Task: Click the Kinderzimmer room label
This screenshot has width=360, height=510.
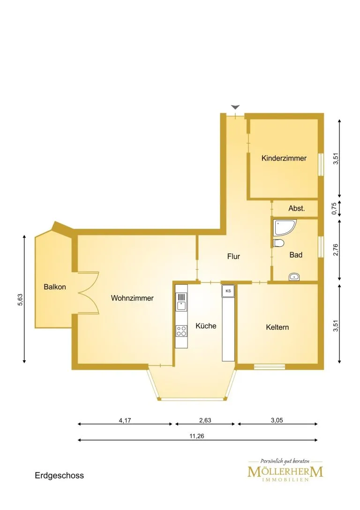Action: tap(284, 159)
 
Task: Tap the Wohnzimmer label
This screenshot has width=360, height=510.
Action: tap(132, 298)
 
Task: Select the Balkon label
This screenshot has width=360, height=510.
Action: tap(55, 287)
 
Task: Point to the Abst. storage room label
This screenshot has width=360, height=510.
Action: tap(297, 208)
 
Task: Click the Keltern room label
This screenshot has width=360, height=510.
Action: tap(277, 327)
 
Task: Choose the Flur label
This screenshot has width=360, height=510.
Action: tap(233, 257)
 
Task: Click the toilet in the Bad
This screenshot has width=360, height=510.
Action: tap(278, 243)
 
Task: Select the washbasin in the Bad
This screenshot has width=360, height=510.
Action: tap(294, 277)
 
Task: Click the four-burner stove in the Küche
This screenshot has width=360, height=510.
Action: tap(181, 331)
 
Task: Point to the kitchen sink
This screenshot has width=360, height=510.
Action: tap(181, 302)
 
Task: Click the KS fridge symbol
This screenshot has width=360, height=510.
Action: tap(228, 291)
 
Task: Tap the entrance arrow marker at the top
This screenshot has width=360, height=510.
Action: tap(235, 107)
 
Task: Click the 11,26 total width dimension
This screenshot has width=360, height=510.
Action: tap(197, 436)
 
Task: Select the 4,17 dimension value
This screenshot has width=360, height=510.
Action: tap(125, 420)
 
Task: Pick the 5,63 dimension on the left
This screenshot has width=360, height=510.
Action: tap(20, 300)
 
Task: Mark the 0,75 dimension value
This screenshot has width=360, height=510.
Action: tap(334, 208)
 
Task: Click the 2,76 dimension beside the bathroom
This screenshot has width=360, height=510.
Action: tap(336, 250)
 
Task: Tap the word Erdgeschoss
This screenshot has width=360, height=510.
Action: tap(60, 476)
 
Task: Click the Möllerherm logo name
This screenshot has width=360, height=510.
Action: tap(285, 472)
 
